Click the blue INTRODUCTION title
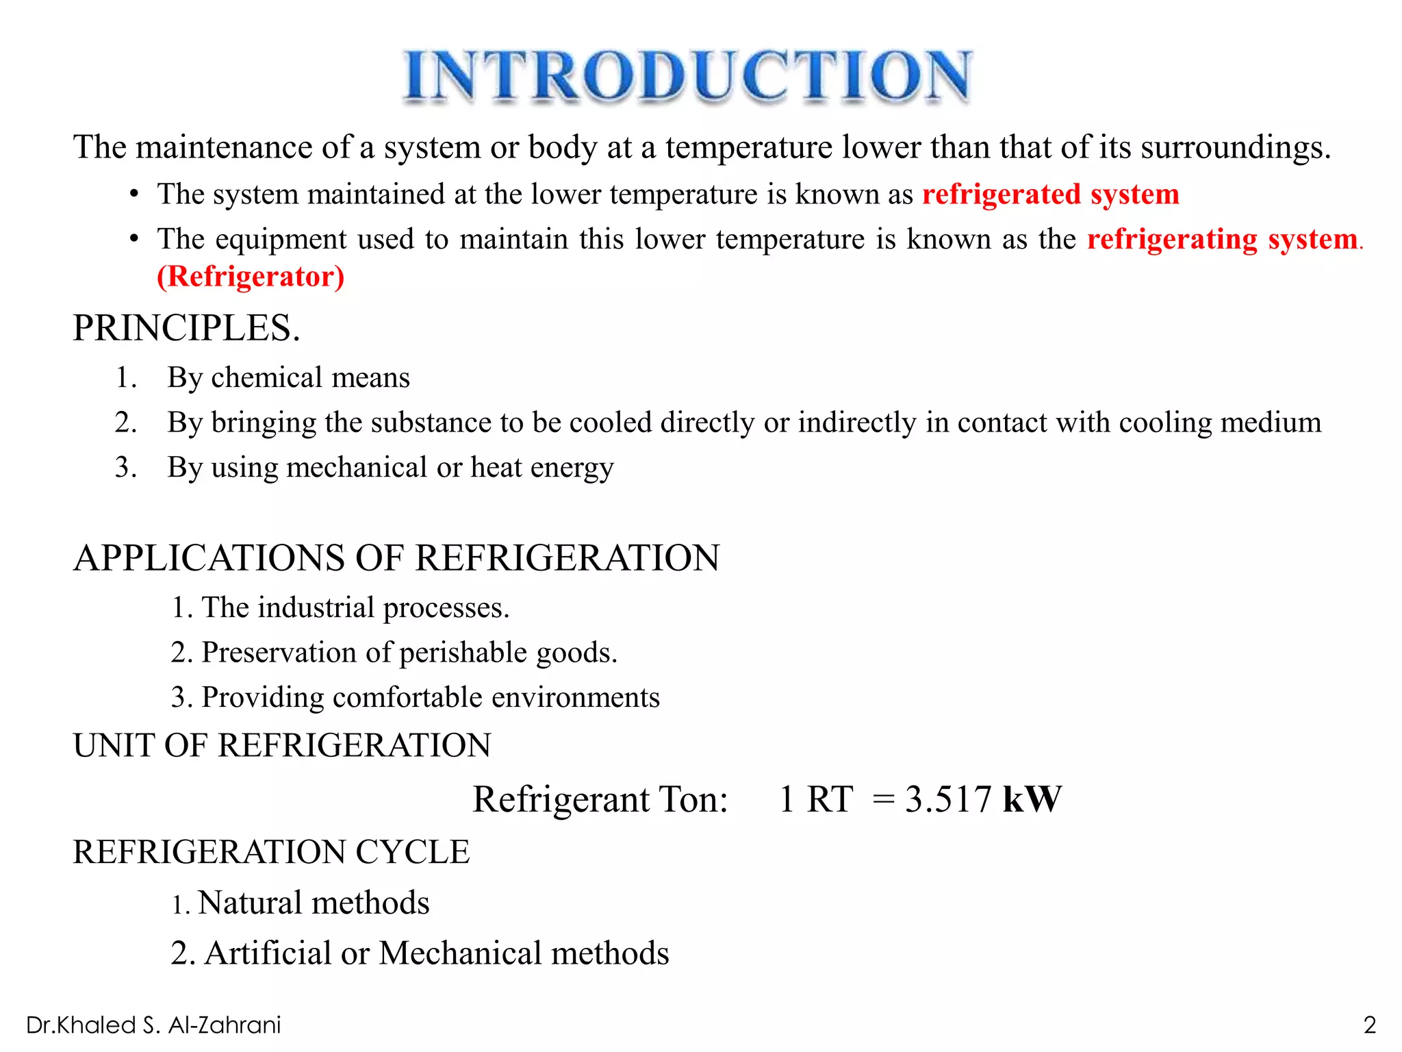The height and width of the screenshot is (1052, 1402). tap(687, 77)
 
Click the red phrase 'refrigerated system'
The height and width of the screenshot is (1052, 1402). tap(1051, 195)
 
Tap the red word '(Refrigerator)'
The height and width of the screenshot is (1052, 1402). tap(251, 277)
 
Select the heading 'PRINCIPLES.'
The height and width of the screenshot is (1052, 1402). tap(186, 328)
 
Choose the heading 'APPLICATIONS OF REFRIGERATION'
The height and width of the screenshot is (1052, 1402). tap(396, 558)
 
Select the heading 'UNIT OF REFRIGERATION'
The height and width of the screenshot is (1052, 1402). tap(282, 745)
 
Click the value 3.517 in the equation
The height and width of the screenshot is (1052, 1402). tap(947, 799)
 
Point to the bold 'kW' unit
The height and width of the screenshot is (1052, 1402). tap(1032, 799)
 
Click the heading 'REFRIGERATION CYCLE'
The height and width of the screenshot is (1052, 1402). tap(271, 852)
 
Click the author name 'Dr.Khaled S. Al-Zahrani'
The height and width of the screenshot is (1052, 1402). tap(153, 1025)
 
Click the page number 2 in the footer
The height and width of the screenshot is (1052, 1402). tap(1369, 1025)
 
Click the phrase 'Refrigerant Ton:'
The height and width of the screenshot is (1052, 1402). tap(600, 799)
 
